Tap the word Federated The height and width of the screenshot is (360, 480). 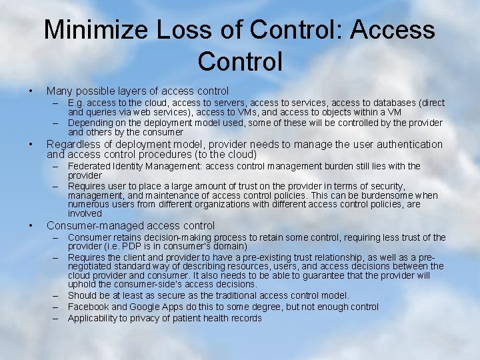[x=89, y=166]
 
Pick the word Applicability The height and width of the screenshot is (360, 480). [x=93, y=318]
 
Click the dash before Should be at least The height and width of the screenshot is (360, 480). [x=57, y=295]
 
